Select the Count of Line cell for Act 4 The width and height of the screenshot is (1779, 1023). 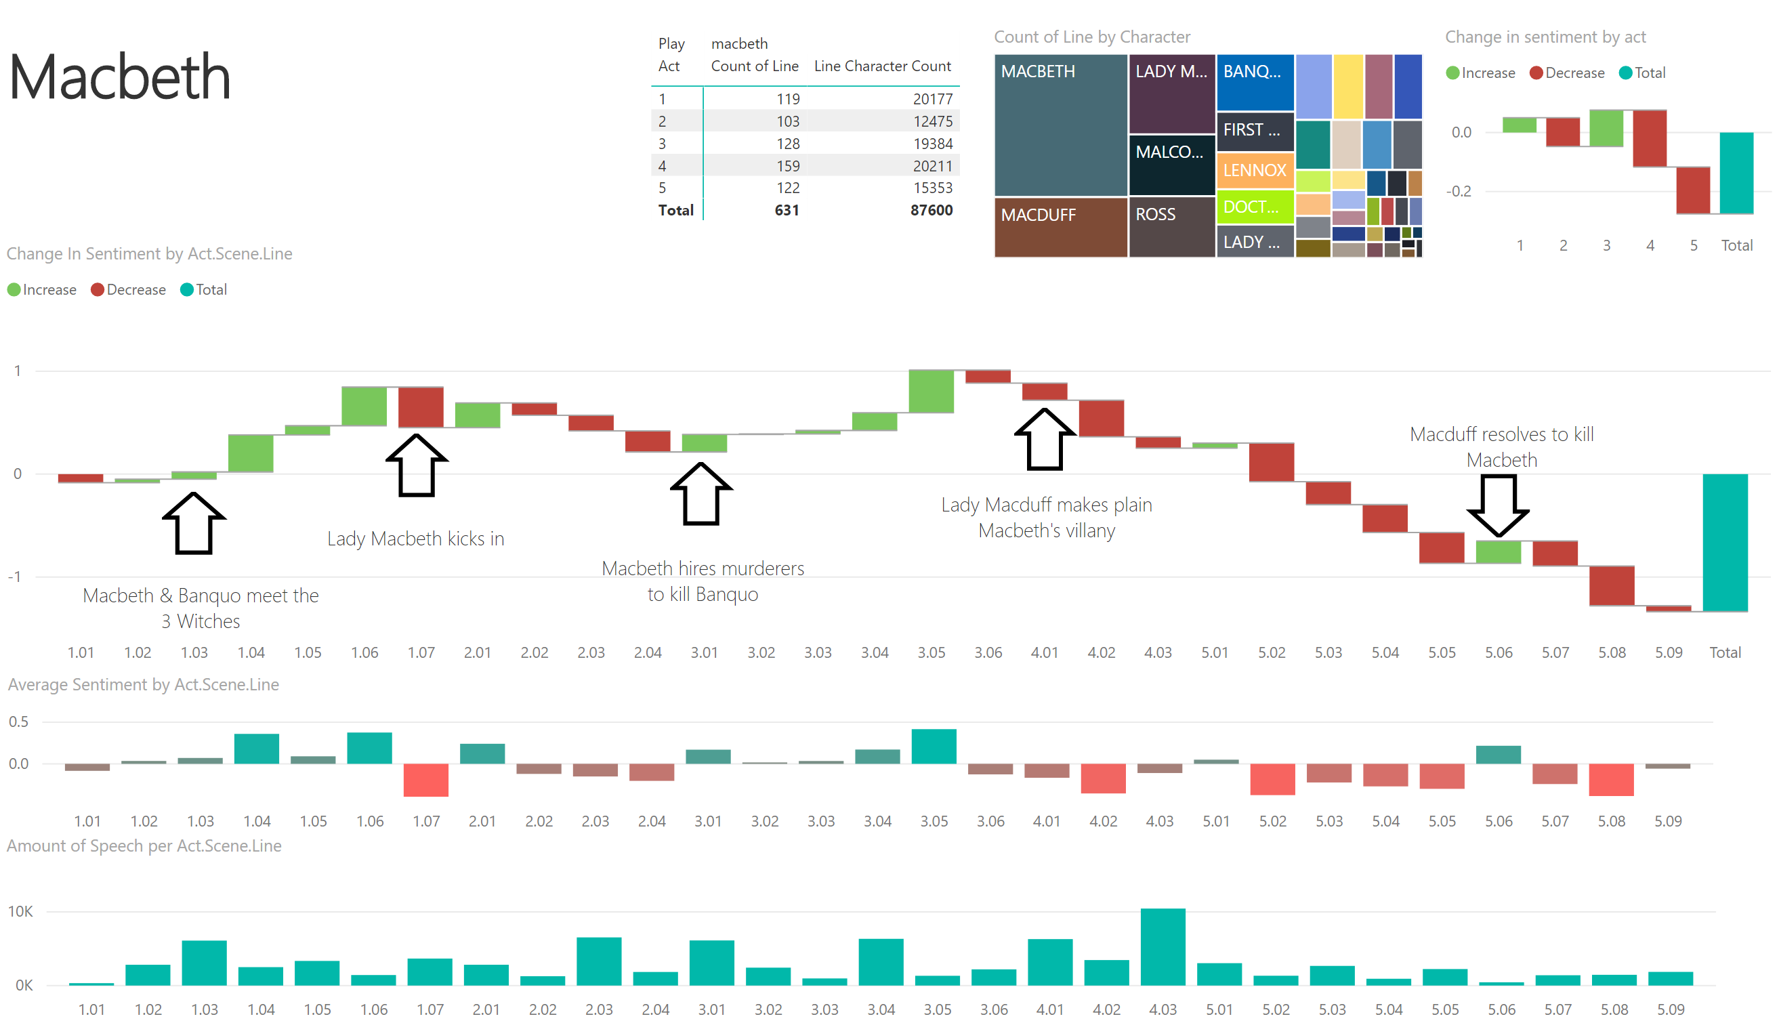(788, 166)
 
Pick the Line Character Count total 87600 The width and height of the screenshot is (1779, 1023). (931, 210)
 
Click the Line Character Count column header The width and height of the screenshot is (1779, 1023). (883, 66)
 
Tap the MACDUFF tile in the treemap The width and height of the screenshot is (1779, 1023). (1061, 228)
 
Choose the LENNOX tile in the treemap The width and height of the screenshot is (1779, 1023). (1255, 170)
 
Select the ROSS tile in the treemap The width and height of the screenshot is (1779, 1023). (1172, 228)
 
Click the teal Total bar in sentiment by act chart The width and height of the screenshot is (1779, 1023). (1736, 173)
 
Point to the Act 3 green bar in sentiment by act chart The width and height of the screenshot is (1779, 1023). (1606, 128)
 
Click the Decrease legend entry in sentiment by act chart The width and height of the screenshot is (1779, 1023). (1567, 73)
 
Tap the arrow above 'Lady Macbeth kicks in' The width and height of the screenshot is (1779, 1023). (417, 465)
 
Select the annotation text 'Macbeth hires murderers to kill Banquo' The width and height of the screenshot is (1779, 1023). (703, 581)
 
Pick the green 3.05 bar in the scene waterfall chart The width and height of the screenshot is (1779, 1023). (931, 392)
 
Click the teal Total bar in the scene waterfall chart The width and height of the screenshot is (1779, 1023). (1725, 543)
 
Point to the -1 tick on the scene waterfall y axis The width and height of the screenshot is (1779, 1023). (15, 577)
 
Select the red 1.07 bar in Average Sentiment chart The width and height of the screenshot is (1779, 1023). (425, 780)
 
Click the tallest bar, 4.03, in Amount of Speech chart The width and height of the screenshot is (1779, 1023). (1163, 946)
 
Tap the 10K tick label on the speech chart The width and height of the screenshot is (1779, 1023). (20, 911)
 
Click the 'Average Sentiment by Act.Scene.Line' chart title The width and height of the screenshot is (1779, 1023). (144, 684)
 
